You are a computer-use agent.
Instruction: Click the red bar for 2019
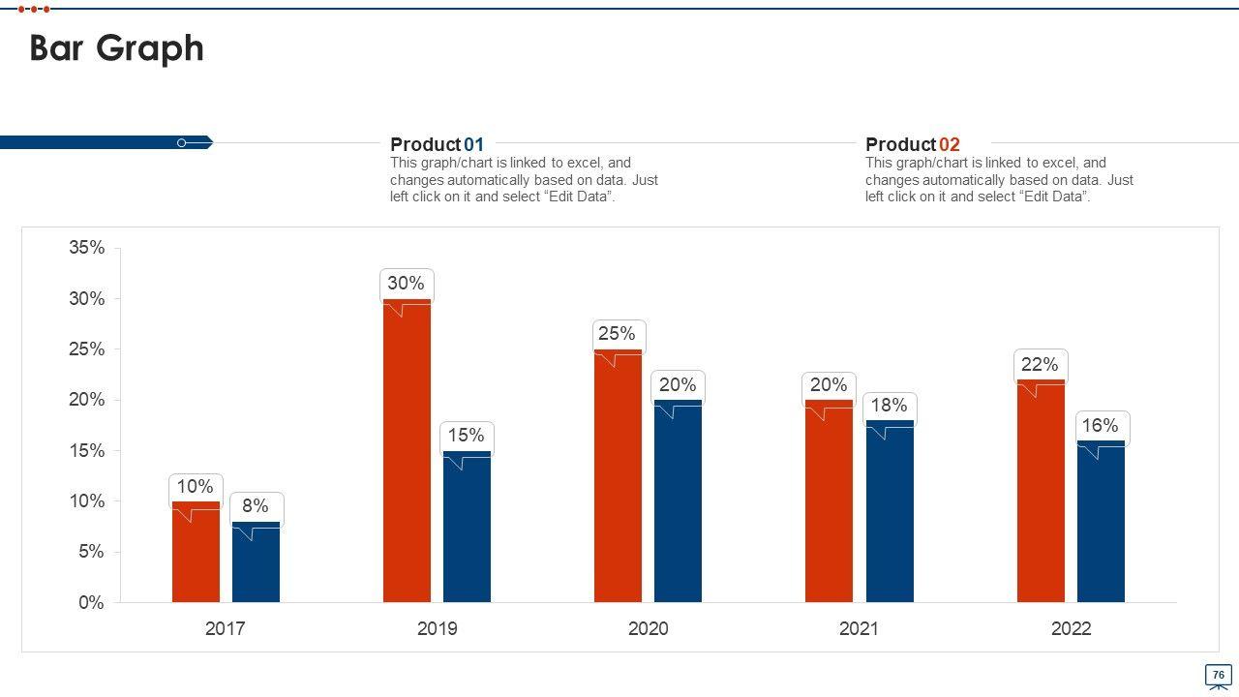pyautogui.click(x=407, y=455)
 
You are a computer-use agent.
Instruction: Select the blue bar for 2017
pyautogui.click(x=256, y=566)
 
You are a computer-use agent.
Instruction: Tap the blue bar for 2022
pyautogui.click(x=1101, y=528)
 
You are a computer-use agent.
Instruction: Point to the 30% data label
pyautogui.click(x=406, y=284)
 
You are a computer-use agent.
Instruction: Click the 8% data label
pyautogui.click(x=256, y=505)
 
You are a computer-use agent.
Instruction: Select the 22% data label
pyautogui.click(x=1040, y=365)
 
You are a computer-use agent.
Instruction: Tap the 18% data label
pyautogui.click(x=889, y=406)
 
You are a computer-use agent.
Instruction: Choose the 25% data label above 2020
pyautogui.click(x=617, y=334)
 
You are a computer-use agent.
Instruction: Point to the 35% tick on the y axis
pyautogui.click(x=87, y=248)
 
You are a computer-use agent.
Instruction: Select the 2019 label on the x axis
pyautogui.click(x=437, y=629)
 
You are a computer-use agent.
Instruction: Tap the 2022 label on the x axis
pyautogui.click(x=1071, y=629)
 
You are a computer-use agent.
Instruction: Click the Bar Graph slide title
pyautogui.click(x=117, y=48)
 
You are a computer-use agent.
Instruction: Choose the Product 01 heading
pyautogui.click(x=437, y=145)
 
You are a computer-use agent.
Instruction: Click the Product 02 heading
pyautogui.click(x=912, y=145)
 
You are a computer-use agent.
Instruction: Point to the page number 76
pyautogui.click(x=1218, y=675)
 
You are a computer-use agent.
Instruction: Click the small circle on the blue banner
pyautogui.click(x=181, y=143)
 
